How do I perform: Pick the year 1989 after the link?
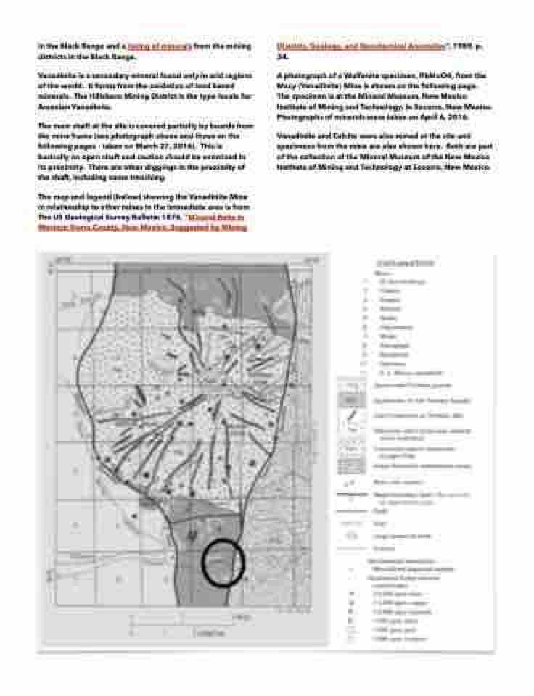(x=460, y=46)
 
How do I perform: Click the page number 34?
(x=282, y=55)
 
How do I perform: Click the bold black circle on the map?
(x=223, y=563)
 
